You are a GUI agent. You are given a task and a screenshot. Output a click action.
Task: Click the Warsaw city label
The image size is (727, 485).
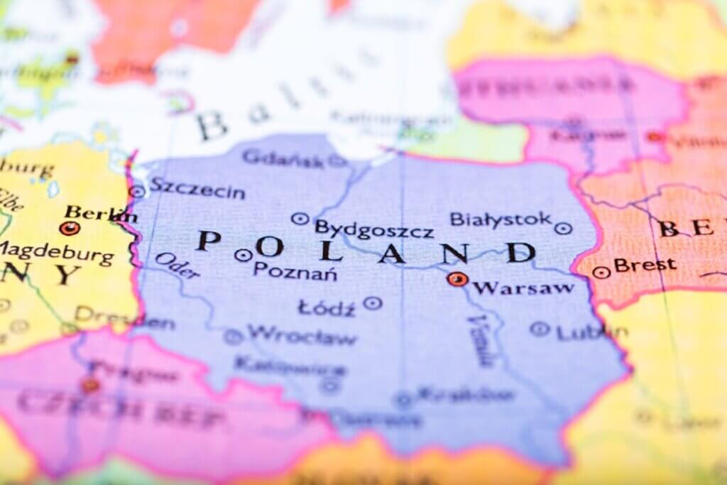click(523, 288)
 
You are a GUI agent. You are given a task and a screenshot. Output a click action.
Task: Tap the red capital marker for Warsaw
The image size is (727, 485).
click(457, 279)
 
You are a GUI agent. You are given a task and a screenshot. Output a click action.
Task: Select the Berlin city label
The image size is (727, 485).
click(99, 212)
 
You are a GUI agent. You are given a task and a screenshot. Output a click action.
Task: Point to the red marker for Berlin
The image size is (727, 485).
click(70, 228)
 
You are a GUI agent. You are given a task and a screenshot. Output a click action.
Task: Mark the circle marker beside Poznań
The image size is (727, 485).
click(244, 255)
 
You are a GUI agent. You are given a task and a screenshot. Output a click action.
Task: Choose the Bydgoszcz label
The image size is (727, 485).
click(373, 230)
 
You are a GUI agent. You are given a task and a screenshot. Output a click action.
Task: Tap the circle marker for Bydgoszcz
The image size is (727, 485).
click(300, 219)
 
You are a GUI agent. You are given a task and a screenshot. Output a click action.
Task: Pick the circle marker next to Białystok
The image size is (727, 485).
click(563, 228)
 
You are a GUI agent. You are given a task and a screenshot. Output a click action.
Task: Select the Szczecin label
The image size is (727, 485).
click(197, 190)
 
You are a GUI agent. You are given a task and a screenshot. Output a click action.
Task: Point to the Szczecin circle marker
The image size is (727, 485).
click(137, 191)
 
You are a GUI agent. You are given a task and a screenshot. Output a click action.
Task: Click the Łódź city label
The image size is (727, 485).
click(327, 307)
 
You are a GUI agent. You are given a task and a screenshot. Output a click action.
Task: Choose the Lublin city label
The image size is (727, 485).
click(591, 332)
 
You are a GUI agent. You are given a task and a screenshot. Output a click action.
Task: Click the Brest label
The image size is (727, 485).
click(645, 265)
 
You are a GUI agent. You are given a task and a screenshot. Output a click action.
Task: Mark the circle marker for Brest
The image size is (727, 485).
click(601, 272)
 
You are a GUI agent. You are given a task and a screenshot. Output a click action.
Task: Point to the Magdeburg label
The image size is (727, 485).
click(57, 252)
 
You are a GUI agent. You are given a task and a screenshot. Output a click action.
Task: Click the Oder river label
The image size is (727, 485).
click(177, 266)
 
